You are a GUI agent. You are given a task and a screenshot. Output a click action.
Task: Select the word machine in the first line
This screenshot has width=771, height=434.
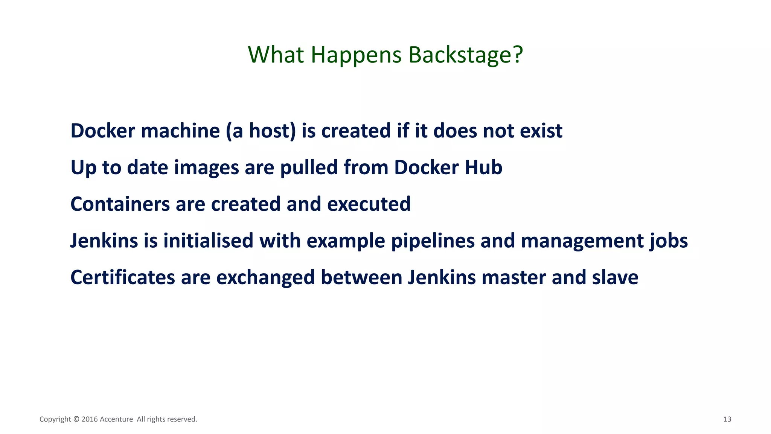pos(180,131)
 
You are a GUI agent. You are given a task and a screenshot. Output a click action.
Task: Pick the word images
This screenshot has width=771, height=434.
pos(206,168)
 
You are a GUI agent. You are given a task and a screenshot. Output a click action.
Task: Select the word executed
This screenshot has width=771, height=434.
pos(369,204)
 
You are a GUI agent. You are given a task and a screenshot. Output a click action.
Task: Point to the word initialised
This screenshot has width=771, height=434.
pos(208,241)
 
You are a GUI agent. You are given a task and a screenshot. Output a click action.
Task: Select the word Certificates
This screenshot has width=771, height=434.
pos(123,277)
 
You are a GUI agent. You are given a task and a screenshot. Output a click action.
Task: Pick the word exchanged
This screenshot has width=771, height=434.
pos(265,278)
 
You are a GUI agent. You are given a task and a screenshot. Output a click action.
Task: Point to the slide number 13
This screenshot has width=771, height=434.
pos(727,419)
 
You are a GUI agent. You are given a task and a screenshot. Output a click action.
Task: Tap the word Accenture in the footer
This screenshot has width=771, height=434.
pos(116,419)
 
